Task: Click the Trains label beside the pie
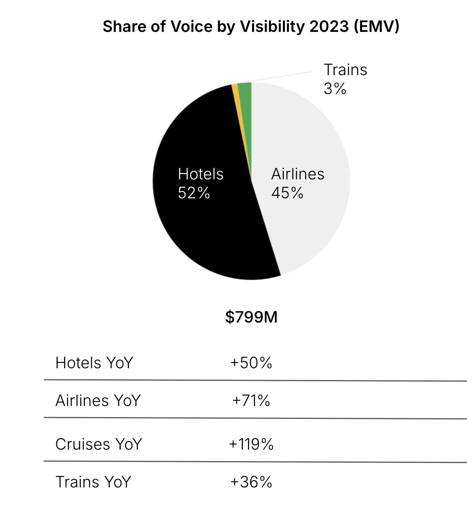(345, 70)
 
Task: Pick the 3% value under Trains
(335, 89)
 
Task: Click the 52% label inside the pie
(194, 193)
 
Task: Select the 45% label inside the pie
(287, 193)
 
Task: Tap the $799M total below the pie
(251, 317)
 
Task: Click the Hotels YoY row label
(94, 363)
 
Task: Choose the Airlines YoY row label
(98, 400)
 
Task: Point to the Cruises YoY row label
(98, 444)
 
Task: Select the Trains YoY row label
(93, 482)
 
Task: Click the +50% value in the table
(251, 363)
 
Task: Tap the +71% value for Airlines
(251, 400)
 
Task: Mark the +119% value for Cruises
(251, 444)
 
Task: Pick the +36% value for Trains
(251, 482)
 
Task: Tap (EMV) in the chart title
(376, 27)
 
